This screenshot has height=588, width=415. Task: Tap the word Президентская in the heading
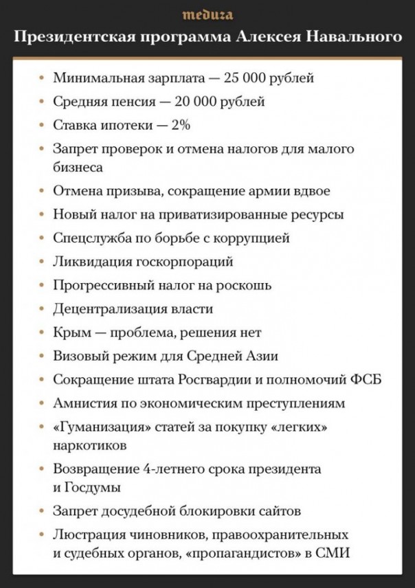(67, 36)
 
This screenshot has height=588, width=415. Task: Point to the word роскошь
(246, 285)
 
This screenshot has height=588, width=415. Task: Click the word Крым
(69, 332)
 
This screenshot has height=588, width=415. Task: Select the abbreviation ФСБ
(366, 380)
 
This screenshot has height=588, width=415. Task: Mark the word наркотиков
(90, 445)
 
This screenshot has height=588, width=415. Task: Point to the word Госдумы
(93, 487)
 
